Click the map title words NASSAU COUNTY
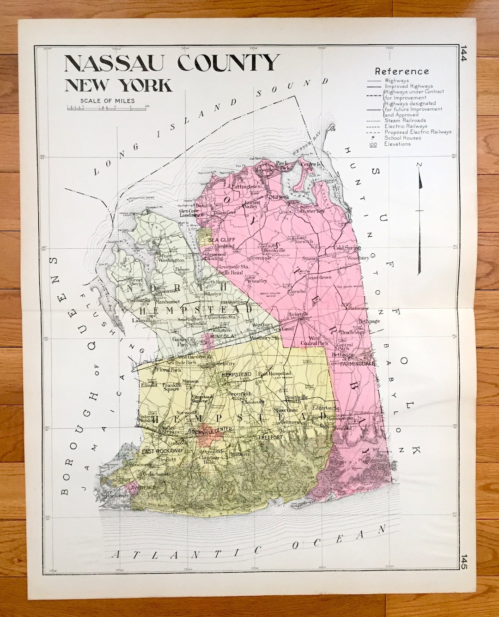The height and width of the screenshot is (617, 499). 172,63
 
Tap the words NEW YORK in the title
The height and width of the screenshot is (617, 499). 118,85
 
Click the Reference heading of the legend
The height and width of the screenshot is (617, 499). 402,72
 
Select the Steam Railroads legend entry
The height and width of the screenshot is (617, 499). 405,120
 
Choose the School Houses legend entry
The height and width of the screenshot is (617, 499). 402,138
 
